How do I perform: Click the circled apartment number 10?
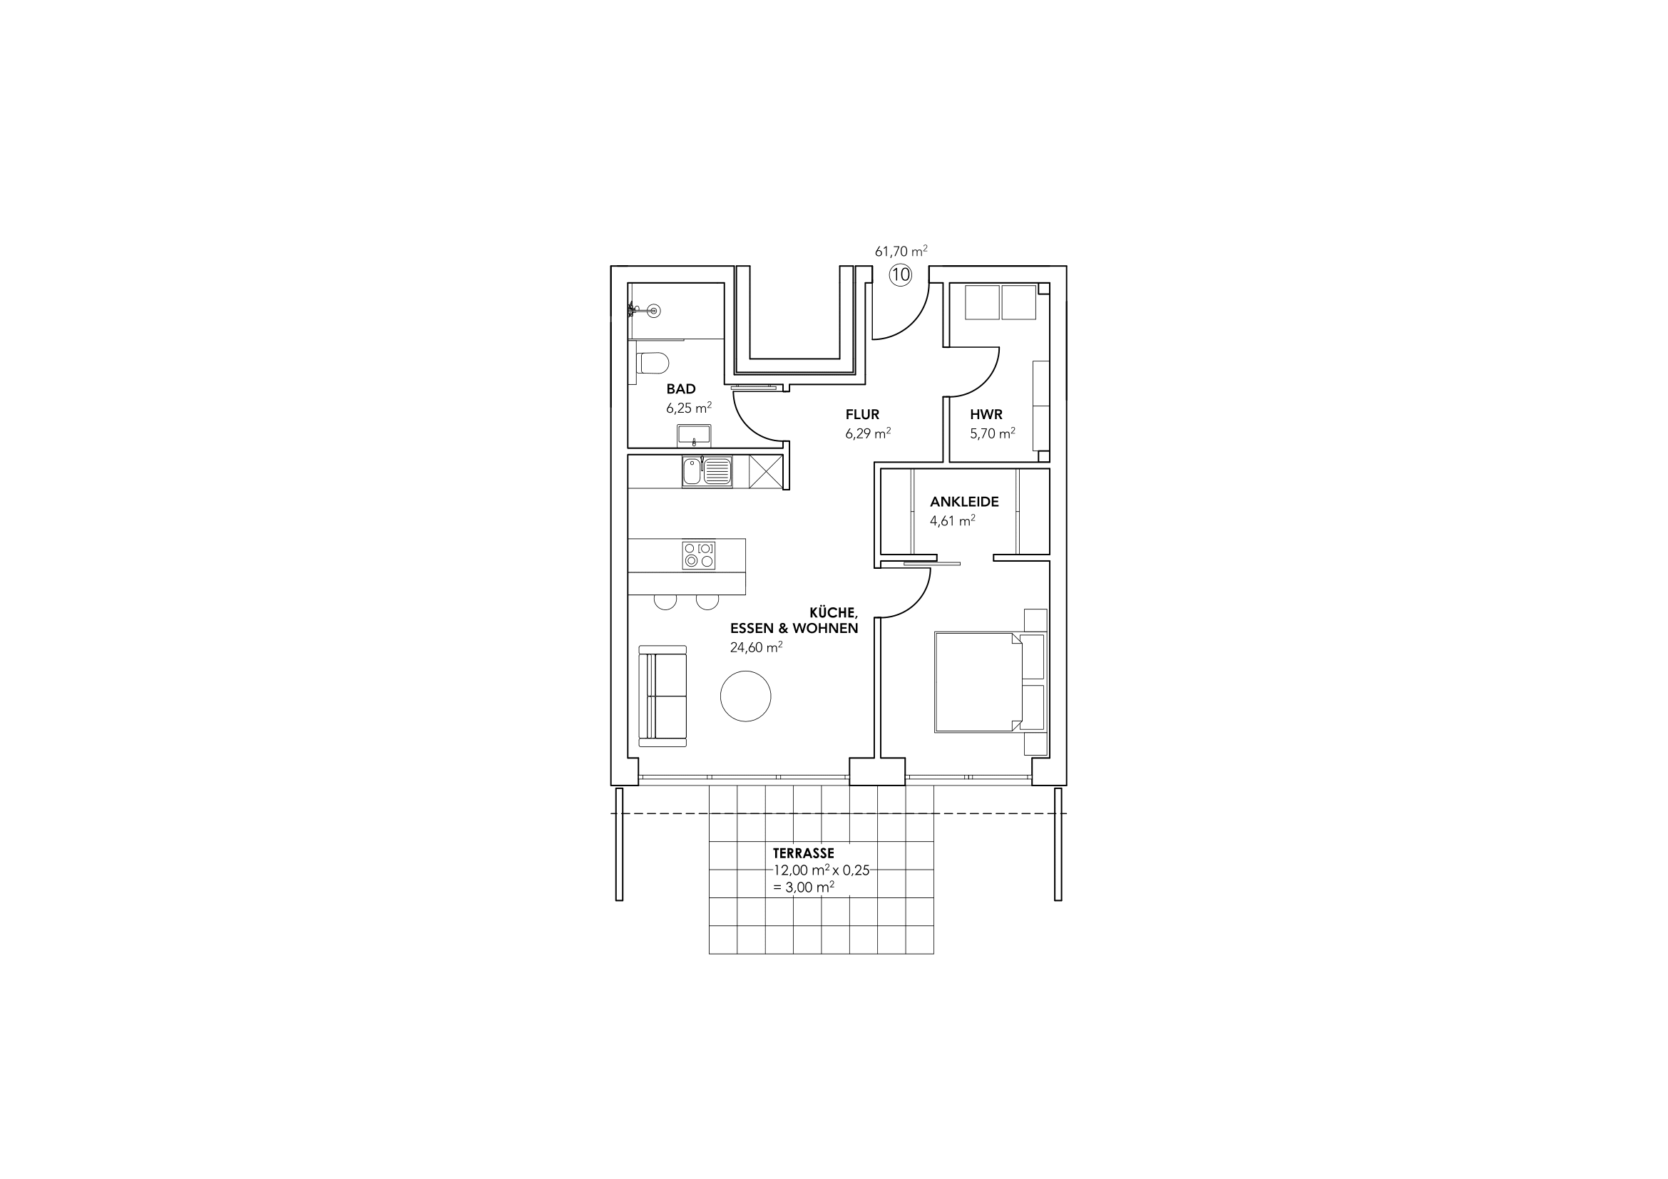[900, 274]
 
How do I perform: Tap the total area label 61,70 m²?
[901, 251]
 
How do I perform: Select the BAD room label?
[681, 389]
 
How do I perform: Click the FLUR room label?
[862, 415]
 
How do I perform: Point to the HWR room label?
[986, 415]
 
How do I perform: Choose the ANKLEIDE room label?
[964, 502]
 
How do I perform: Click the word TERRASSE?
[804, 853]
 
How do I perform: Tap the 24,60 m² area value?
[756, 647]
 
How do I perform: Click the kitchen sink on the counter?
[707, 472]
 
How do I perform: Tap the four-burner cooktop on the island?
[699, 555]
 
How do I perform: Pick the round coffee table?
[745, 696]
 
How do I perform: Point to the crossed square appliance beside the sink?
[765, 472]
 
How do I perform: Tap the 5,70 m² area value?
[993, 433]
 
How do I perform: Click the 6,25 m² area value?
[689, 408]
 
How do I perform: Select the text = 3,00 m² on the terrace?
[804, 887]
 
